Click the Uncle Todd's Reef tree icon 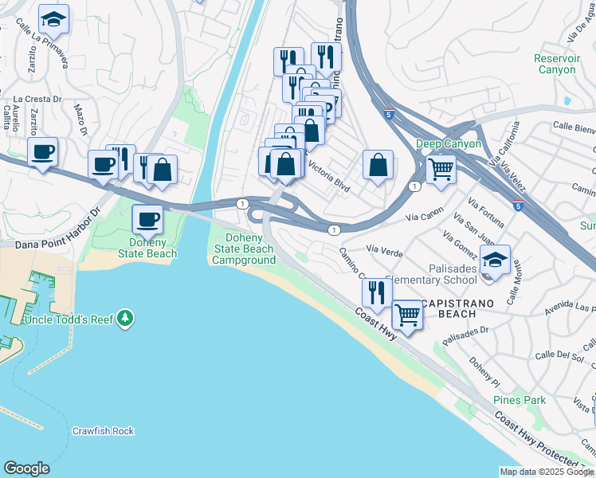click(124, 319)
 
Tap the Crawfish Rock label click(103, 431)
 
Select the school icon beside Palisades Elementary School click(495, 261)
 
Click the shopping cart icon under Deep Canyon click(441, 167)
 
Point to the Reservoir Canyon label click(555, 64)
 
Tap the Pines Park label click(519, 400)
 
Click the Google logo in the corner click(26, 468)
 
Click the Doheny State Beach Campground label click(244, 249)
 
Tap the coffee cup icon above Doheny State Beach click(147, 218)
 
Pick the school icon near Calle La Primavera click(54, 18)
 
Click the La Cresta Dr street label click(44, 99)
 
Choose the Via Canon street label click(425, 215)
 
